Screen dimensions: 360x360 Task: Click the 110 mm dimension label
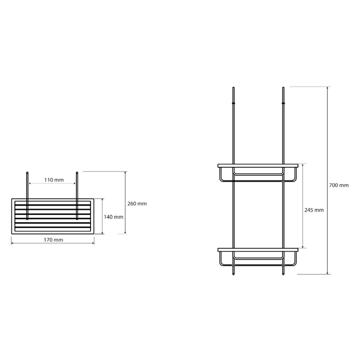coord(54,180)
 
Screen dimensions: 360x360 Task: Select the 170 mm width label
coord(54,240)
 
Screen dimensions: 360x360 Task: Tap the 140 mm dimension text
coord(113,217)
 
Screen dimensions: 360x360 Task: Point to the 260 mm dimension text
coord(137,204)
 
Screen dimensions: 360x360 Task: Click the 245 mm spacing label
coord(314,210)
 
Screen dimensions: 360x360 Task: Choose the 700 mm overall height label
coord(339,185)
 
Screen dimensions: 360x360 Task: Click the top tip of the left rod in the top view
coord(27,172)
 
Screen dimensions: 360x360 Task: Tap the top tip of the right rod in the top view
coord(77,172)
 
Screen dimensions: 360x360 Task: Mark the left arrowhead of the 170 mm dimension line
coord(12,243)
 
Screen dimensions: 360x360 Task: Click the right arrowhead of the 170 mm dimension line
coord(93,243)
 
